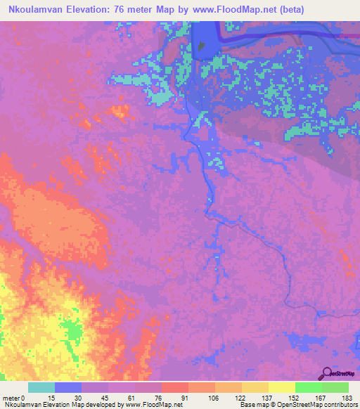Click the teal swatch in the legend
[x=41, y=387]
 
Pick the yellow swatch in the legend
[x=282, y=387]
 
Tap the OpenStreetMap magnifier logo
[x=326, y=375]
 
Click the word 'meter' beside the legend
[x=12, y=397]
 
